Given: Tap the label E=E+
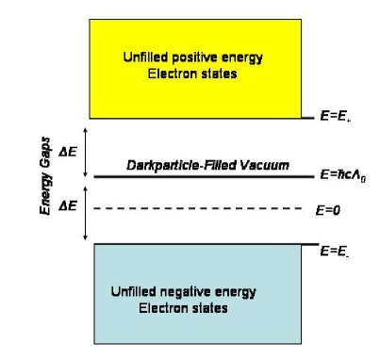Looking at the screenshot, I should [337, 119].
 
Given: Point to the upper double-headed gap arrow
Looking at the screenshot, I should [85, 151].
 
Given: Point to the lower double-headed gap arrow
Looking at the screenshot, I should [85, 209].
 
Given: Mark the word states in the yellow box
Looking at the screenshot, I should [223, 72].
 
